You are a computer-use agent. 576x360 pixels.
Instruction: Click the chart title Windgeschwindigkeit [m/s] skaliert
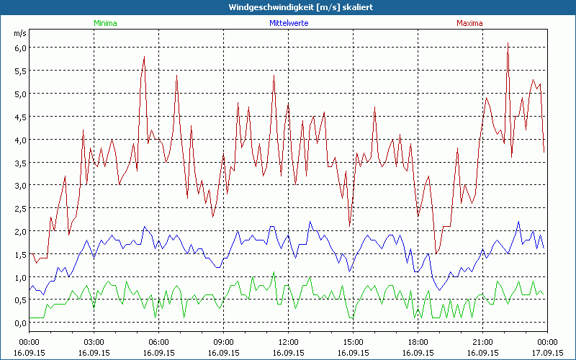[290, 6]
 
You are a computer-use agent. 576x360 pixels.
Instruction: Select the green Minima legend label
[104, 23]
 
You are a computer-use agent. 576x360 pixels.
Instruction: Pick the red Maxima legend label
[469, 23]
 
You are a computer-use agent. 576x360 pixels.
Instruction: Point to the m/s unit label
[19, 34]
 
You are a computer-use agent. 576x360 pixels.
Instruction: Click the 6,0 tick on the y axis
[19, 48]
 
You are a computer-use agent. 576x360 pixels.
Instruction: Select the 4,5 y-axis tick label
[19, 117]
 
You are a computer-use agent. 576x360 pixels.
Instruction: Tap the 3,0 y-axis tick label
[19, 185]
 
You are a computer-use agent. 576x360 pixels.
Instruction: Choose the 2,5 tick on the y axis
[19, 208]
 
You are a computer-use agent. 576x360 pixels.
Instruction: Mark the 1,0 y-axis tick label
[19, 277]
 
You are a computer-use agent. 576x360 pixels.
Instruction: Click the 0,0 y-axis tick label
[19, 323]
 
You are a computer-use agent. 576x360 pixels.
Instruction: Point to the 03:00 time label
[94, 342]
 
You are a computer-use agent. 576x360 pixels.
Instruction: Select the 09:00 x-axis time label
[223, 342]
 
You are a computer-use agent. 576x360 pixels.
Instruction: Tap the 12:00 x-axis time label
[288, 342]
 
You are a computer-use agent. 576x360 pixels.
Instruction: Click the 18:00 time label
[418, 342]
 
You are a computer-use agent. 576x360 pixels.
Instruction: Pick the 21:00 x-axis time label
[482, 342]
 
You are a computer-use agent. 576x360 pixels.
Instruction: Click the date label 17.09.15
[547, 353]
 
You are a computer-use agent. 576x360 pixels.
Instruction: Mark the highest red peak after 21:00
[508, 43]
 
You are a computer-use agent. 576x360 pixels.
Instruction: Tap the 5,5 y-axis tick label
[19, 71]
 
